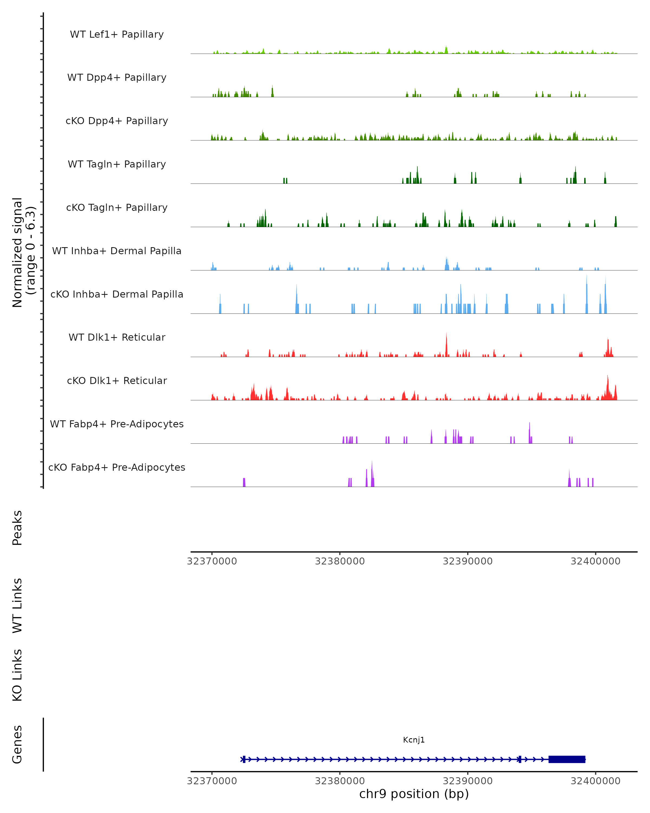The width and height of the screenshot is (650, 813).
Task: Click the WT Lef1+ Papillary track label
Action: (x=117, y=34)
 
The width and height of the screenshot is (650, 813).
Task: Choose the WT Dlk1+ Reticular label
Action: (x=117, y=337)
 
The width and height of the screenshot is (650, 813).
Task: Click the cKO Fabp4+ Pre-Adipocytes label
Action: (x=117, y=467)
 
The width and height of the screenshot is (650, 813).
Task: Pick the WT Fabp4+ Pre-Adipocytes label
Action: (x=117, y=424)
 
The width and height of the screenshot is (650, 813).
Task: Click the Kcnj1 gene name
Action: (x=414, y=740)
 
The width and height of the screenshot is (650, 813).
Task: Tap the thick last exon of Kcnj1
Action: (x=567, y=759)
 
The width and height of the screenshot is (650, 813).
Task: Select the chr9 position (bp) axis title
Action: (x=414, y=794)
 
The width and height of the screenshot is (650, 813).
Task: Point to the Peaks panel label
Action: (x=17, y=528)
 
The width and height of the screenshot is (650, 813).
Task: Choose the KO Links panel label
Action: (x=17, y=675)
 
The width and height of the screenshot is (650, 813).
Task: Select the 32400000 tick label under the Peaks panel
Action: (x=595, y=561)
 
